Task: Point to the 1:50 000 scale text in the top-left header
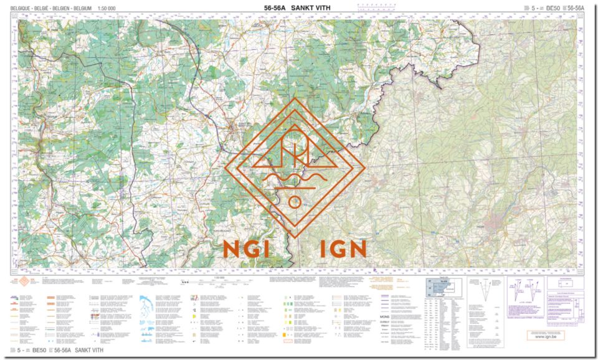pyautogui.click(x=107, y=8)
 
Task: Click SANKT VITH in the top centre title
pyautogui.click(x=312, y=8)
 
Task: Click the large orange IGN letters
pyautogui.click(x=342, y=249)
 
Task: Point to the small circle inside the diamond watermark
pyautogui.click(x=295, y=202)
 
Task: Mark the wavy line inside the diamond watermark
pyautogui.click(x=295, y=181)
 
